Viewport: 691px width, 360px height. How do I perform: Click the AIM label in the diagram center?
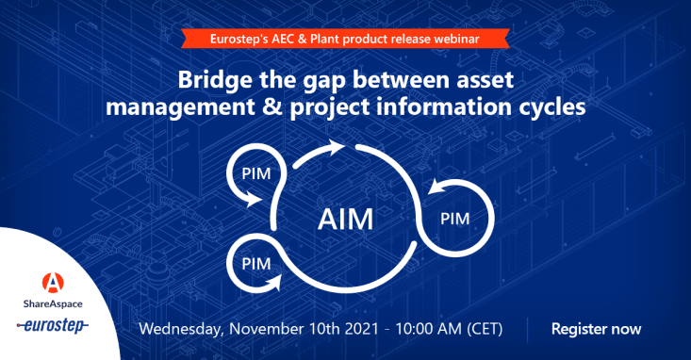pos(345,220)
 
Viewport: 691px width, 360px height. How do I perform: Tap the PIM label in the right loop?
pos(454,219)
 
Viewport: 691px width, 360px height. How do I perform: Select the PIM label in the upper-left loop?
pos(256,173)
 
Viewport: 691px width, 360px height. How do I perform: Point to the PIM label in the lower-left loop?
pos(256,264)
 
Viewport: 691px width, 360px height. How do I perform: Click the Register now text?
pos(596,329)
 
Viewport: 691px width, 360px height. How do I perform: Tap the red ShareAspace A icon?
pos(53,283)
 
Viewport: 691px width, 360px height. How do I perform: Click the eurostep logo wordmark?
pos(53,326)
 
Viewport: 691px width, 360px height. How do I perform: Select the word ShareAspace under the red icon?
pos(53,303)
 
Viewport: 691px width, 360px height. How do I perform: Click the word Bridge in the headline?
pos(215,81)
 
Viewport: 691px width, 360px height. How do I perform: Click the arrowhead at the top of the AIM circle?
pos(334,147)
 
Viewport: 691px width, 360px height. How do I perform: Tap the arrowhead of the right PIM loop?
pos(436,187)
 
